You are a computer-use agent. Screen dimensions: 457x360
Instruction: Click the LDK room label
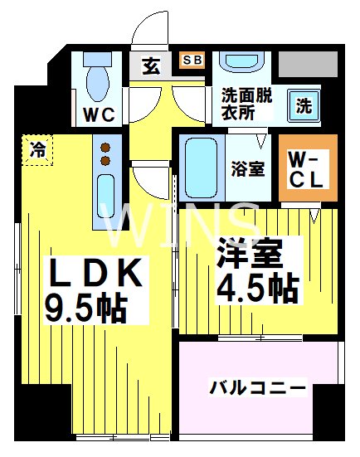pos(92,273)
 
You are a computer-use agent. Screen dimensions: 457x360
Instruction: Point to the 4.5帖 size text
pos(258,288)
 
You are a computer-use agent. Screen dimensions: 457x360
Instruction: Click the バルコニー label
pos(257,387)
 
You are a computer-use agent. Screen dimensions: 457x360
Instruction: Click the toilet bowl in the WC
pos(99,81)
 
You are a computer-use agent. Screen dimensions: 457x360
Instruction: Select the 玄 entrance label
pos(152,66)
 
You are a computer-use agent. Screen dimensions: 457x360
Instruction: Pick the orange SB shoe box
pos(192,60)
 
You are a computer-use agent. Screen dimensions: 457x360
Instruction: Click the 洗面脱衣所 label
pos(247,104)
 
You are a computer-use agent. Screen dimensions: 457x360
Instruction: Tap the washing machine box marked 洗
pos(304,106)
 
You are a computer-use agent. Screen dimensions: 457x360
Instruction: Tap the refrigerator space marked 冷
pos(38,149)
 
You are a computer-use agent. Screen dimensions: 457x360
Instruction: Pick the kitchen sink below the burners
pos(106,197)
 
